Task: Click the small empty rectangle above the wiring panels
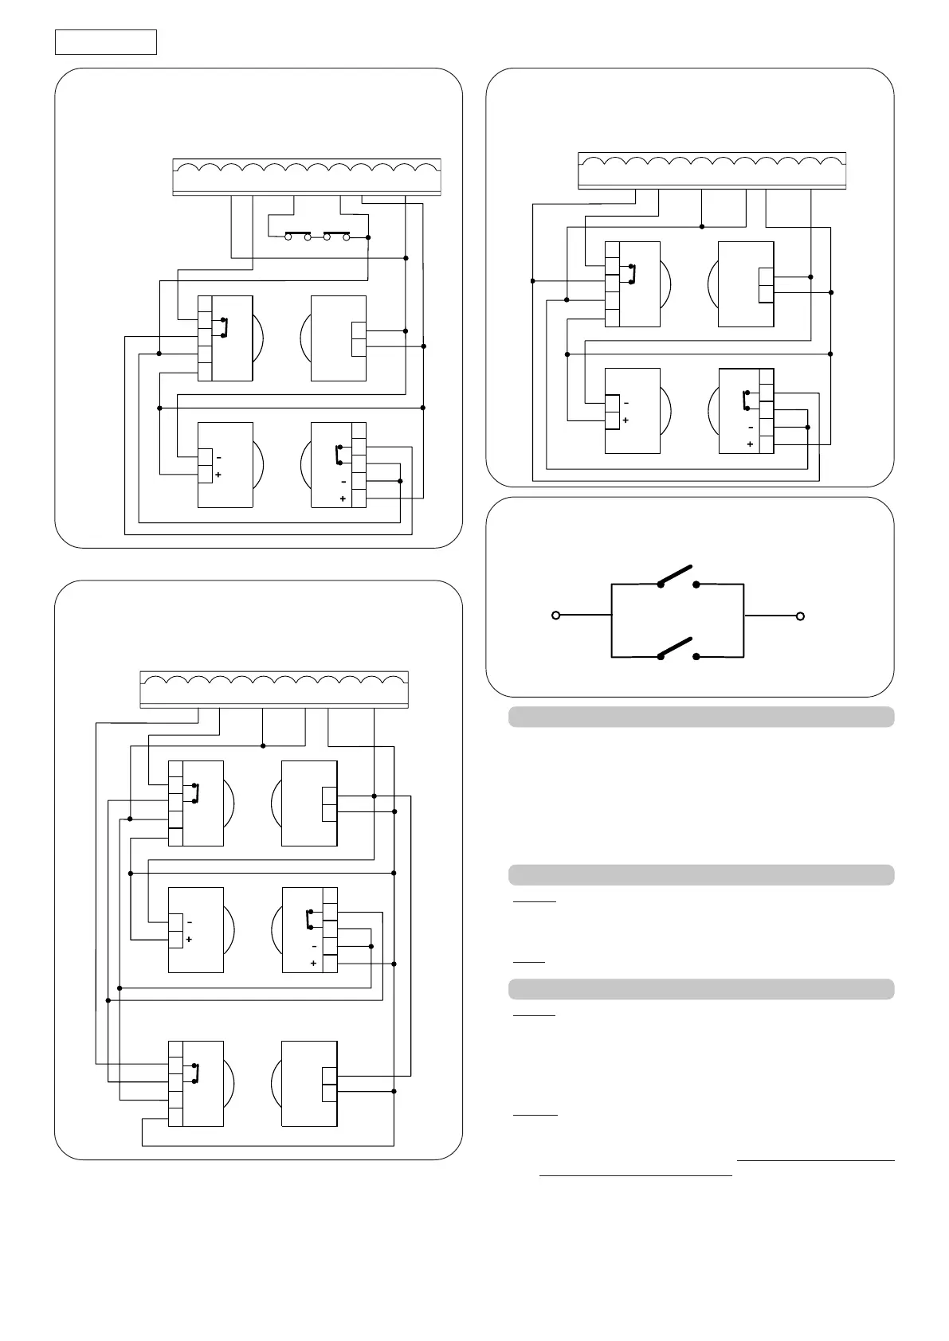coord(105,42)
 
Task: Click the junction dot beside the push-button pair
coord(367,237)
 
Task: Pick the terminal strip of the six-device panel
coord(274,690)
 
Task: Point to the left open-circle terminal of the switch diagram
coord(556,616)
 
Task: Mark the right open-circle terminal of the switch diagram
coord(801,616)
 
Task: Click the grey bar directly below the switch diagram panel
coord(701,717)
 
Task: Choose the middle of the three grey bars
coord(701,874)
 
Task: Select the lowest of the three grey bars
coord(701,989)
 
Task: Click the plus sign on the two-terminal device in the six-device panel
coord(189,940)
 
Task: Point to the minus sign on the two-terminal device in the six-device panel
coord(189,922)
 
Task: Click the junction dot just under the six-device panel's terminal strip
coord(263,745)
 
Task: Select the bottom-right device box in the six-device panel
coord(309,1084)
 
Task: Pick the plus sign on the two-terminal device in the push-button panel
coord(218,475)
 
